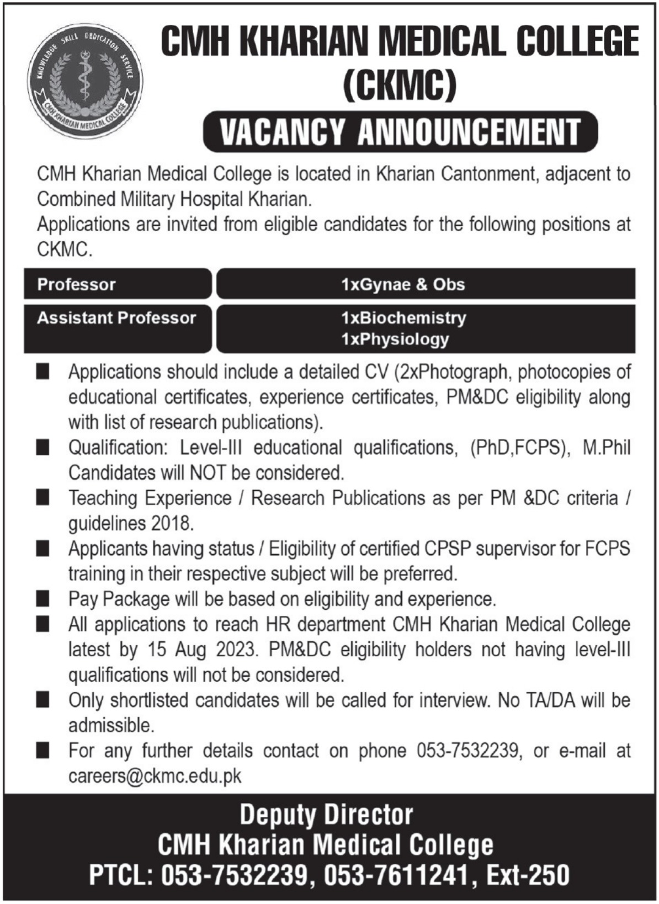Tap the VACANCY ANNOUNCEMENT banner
point(400,132)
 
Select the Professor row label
point(76,285)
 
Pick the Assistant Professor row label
point(116,318)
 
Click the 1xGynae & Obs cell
point(403,285)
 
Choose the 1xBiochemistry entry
point(403,318)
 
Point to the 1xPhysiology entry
point(395,339)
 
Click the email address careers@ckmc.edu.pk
point(155,776)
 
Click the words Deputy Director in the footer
point(326,815)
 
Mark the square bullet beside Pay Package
point(42,599)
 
